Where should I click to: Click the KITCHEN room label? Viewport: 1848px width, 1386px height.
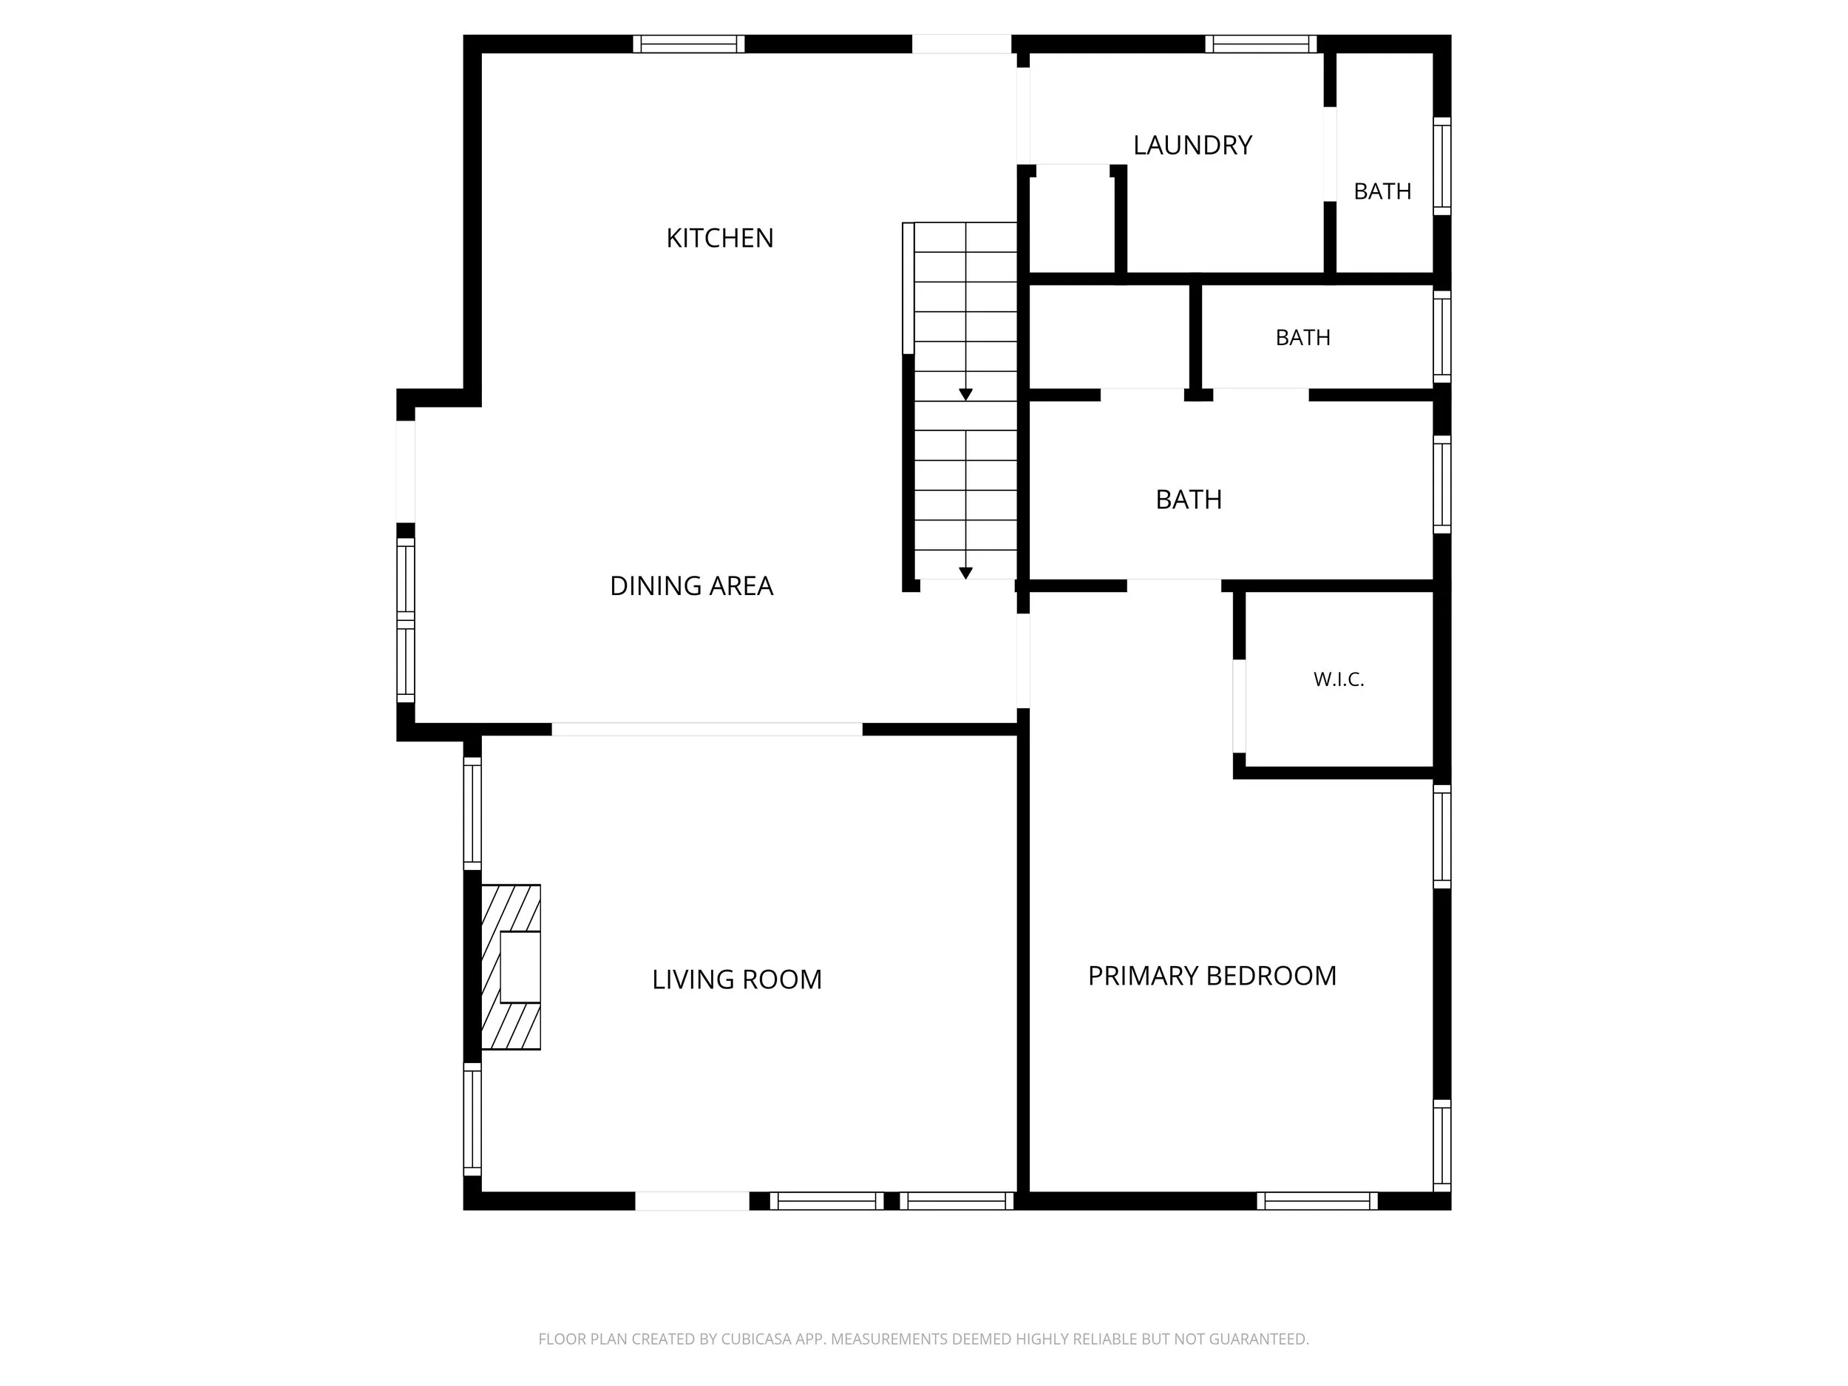pos(719,238)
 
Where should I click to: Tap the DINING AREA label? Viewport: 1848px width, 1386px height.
pos(692,585)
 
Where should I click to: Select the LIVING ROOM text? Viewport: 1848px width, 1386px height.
pos(737,979)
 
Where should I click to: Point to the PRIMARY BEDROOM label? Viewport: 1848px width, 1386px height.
pos(1212,976)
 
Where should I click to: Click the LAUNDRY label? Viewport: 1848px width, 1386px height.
pos(1192,146)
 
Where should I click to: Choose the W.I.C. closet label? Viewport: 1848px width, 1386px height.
pos(1339,679)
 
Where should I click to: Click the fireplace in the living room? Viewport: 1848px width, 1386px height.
pos(512,967)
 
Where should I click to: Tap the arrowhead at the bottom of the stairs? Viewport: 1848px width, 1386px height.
pos(966,573)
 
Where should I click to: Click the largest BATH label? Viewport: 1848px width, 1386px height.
pos(1188,500)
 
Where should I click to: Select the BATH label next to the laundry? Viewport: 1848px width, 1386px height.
pos(1382,191)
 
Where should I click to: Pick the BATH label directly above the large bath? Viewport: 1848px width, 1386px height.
pos(1302,338)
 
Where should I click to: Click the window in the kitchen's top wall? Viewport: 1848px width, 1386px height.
pos(688,44)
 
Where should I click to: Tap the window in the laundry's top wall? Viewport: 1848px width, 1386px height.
pos(1260,44)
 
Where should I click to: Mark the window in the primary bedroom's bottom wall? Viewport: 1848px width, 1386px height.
pos(1317,1200)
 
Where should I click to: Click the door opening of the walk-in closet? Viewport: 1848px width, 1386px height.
pos(1239,706)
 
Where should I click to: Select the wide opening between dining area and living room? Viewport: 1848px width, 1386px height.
pos(707,730)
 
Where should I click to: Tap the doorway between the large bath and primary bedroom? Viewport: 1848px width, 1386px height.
pos(1174,585)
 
